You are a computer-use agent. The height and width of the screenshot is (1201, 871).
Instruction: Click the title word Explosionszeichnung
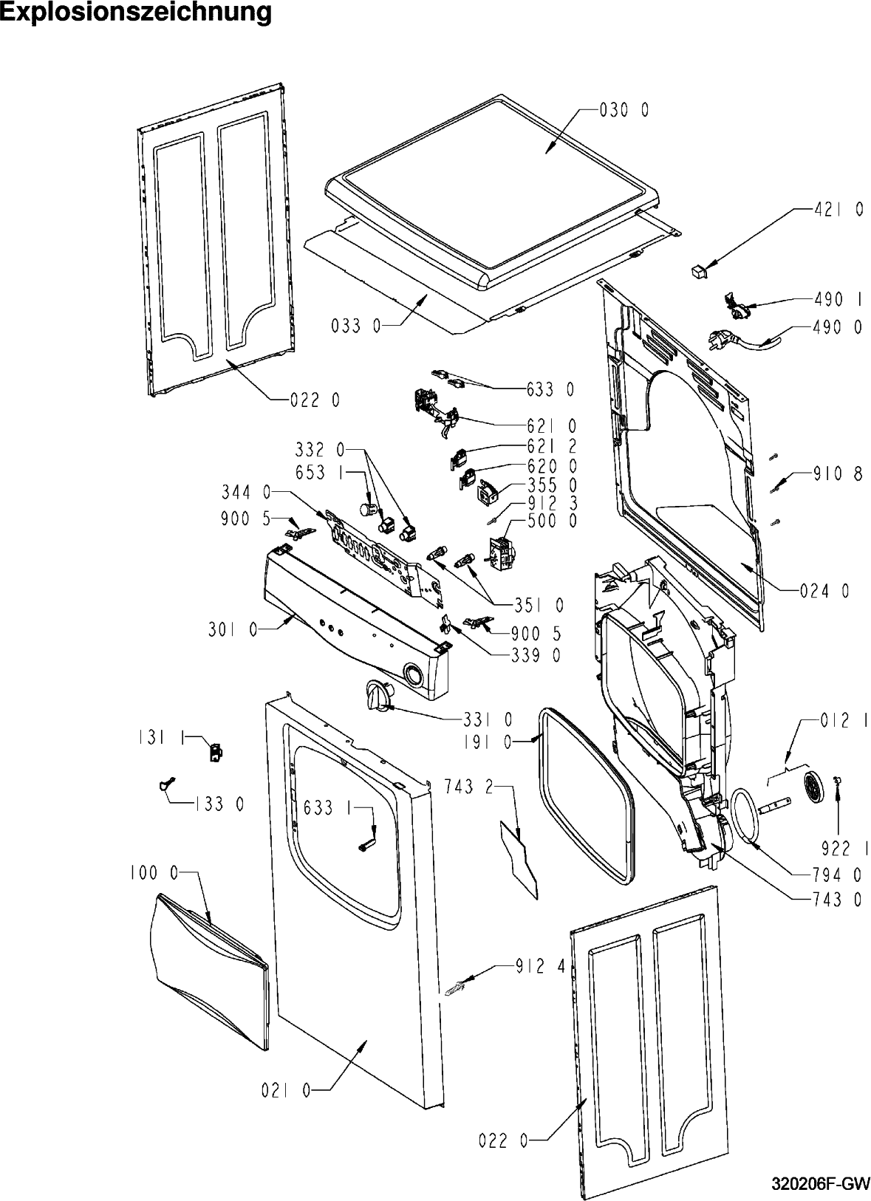click(136, 13)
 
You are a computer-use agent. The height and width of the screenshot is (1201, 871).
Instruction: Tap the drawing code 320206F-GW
click(819, 1183)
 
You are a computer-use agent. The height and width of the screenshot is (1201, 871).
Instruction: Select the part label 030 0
click(625, 110)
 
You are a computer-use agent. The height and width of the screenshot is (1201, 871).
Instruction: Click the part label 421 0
click(838, 211)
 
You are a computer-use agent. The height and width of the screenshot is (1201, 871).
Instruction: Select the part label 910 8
click(838, 475)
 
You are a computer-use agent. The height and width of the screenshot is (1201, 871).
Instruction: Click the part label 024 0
click(824, 590)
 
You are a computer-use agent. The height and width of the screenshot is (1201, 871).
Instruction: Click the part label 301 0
click(233, 629)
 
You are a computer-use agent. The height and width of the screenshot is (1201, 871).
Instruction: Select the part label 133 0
click(219, 804)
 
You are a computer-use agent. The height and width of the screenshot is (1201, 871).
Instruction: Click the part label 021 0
click(286, 1090)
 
